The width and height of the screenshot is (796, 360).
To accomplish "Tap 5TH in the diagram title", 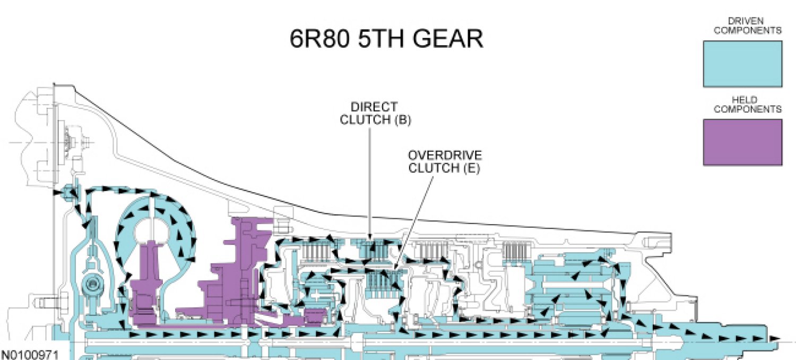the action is (376, 38).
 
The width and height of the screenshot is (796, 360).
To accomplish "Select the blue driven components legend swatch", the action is (742, 64).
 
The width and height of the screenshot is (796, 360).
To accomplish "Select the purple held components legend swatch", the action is (742, 142).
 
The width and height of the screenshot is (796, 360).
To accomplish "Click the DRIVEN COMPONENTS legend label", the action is (747, 25).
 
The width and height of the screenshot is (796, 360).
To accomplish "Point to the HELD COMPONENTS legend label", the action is (747, 104).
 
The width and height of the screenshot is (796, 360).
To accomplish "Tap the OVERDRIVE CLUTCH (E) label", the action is (444, 162).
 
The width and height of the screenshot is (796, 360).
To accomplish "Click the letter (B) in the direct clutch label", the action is (402, 119).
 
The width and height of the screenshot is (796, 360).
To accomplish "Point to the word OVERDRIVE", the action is (445, 156).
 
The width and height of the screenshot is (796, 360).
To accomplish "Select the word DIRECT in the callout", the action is (374, 107).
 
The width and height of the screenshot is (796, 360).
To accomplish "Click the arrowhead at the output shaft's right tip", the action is (776, 338).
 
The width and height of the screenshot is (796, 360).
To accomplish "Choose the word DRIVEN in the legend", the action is (747, 21).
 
